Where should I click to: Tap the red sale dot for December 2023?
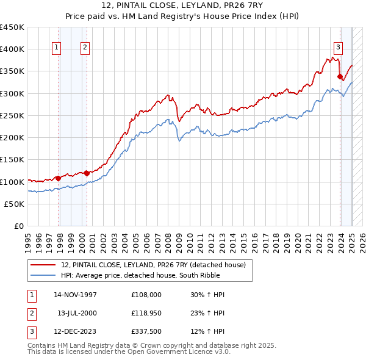click(340, 76)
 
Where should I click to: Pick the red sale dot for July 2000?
click(87, 173)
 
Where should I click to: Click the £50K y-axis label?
click(15, 204)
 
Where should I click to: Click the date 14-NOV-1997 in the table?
click(76, 295)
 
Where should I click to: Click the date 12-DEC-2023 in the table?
click(76, 332)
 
